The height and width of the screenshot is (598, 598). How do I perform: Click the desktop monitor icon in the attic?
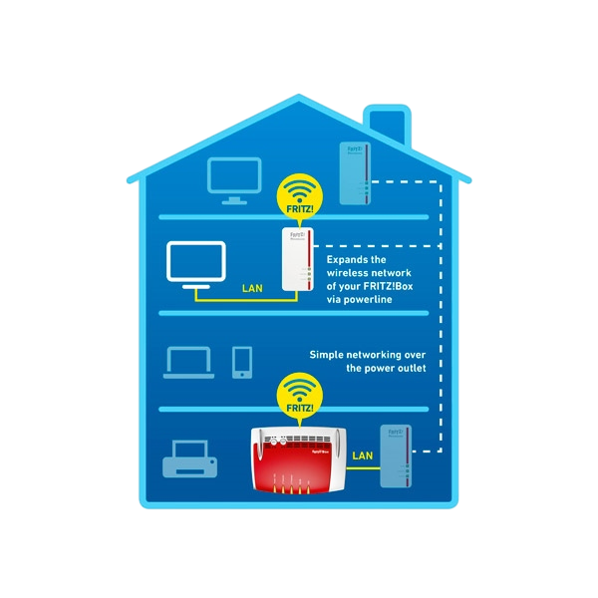(x=234, y=179)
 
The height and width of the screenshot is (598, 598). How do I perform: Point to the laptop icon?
(x=189, y=362)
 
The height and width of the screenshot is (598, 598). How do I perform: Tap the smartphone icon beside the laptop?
(x=242, y=362)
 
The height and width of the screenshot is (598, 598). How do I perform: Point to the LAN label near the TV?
(x=253, y=290)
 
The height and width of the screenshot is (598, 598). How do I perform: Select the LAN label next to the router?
(x=363, y=455)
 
